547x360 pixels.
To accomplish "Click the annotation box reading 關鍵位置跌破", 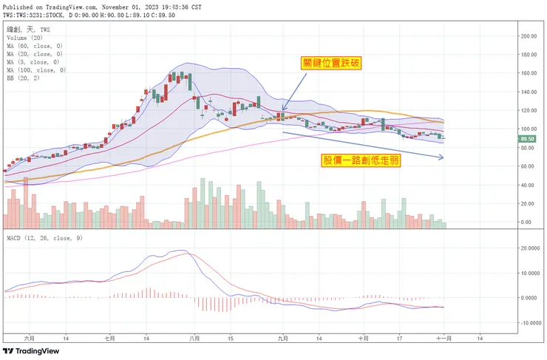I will (x=331, y=64).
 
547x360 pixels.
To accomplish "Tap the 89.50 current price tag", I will (x=527, y=138).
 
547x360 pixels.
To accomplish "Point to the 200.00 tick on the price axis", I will (x=527, y=35).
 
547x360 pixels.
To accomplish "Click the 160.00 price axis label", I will (x=527, y=73).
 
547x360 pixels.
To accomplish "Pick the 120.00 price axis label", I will (x=527, y=111).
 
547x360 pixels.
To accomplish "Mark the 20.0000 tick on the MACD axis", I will (x=529, y=248).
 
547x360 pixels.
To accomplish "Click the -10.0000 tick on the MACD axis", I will (x=529, y=323).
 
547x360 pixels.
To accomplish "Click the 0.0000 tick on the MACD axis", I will (x=529, y=298).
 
